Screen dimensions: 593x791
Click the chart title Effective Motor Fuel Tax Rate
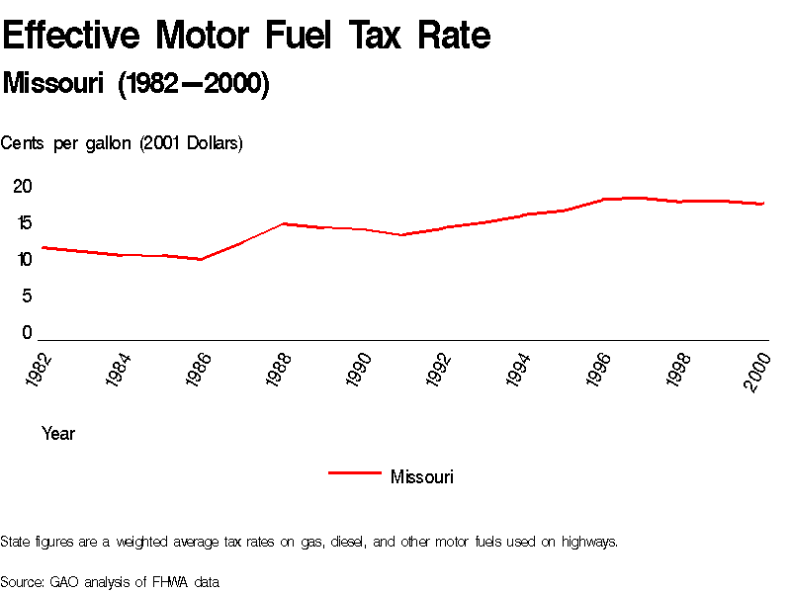(x=246, y=36)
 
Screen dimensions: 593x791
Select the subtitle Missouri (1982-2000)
(x=136, y=84)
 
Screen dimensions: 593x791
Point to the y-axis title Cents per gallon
(x=122, y=143)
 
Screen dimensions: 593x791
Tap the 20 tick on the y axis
(x=23, y=186)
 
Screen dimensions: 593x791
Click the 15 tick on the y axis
(x=23, y=222)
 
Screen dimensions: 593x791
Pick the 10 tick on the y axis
(x=23, y=259)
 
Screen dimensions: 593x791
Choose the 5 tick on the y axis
(x=28, y=296)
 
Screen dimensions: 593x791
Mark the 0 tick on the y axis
(x=28, y=333)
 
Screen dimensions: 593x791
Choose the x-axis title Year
(x=58, y=433)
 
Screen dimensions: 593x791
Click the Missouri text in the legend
(x=422, y=477)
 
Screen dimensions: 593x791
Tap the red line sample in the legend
(x=354, y=473)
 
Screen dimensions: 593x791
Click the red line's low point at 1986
(x=201, y=259)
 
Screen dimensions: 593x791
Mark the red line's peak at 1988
(x=283, y=223)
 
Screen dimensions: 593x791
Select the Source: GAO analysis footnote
(x=110, y=582)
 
